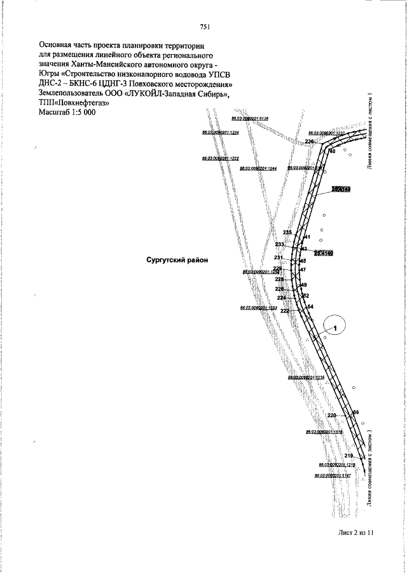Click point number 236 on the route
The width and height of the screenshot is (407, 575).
click(309, 141)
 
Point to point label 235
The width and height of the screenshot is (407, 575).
click(287, 233)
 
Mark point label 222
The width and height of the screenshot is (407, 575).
click(284, 311)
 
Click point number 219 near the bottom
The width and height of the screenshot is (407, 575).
click(348, 456)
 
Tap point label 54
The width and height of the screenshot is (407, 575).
click(310, 307)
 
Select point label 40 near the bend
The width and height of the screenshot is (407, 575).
click(331, 151)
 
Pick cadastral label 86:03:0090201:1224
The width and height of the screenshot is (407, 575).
click(220, 133)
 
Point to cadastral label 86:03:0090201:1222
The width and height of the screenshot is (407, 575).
click(220, 158)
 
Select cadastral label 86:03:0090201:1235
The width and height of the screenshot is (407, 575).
click(306, 377)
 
